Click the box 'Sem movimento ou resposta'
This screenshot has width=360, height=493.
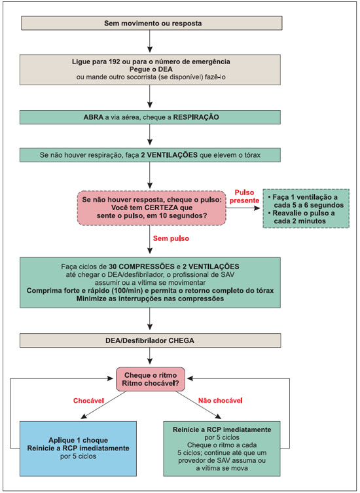(x=152, y=24)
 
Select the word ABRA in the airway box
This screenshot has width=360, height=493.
(x=93, y=117)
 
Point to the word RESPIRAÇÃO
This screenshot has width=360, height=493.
(x=196, y=117)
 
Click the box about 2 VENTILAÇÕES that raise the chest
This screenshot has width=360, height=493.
(x=150, y=155)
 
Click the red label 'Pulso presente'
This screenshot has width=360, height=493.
(x=245, y=196)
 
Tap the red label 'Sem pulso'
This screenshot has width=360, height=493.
(x=171, y=238)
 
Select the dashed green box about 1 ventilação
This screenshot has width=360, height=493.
(x=306, y=208)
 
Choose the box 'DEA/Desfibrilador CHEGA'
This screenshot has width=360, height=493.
(x=150, y=340)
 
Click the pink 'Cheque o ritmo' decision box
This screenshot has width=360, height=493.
(x=151, y=380)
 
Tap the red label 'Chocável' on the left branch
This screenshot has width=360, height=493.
(x=88, y=401)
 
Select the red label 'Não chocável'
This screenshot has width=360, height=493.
(x=221, y=401)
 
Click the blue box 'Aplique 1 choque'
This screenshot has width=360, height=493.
(x=78, y=448)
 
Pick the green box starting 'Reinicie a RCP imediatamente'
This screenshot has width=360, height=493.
(x=222, y=448)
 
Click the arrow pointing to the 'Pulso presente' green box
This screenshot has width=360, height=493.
(x=243, y=208)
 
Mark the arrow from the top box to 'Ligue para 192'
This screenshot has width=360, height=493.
(x=150, y=41)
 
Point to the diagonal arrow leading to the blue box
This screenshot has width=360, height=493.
(x=103, y=405)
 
